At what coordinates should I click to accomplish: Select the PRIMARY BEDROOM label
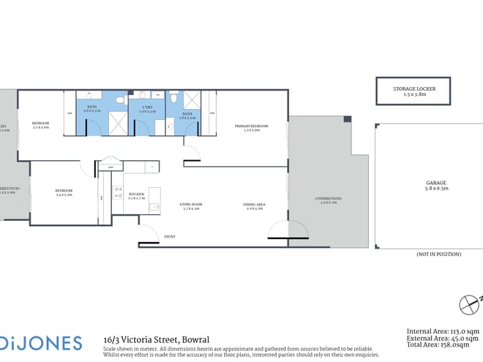pos(251,127)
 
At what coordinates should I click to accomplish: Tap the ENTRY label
pos(170,236)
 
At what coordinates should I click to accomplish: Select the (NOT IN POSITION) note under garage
pos(439,254)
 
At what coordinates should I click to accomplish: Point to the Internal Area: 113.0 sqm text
pos(443,332)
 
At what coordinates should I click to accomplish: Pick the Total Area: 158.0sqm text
pos(443,348)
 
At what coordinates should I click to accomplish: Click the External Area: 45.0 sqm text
pos(443,340)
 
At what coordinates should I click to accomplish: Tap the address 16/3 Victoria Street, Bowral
pos(157,339)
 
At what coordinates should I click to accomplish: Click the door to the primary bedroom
pos(191,154)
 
